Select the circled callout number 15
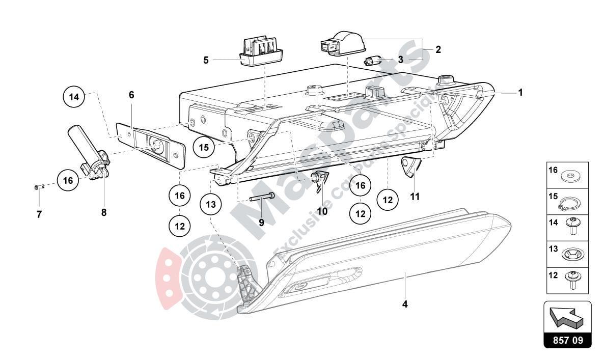click(x=204, y=148)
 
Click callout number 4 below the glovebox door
click(x=405, y=304)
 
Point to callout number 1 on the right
click(x=520, y=93)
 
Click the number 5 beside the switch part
click(x=206, y=60)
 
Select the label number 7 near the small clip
click(x=39, y=214)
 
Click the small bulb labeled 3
click(x=373, y=61)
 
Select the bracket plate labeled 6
click(x=150, y=144)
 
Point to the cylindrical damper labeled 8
click(x=87, y=150)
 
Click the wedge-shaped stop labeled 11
click(x=409, y=167)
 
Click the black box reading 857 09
click(x=568, y=340)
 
